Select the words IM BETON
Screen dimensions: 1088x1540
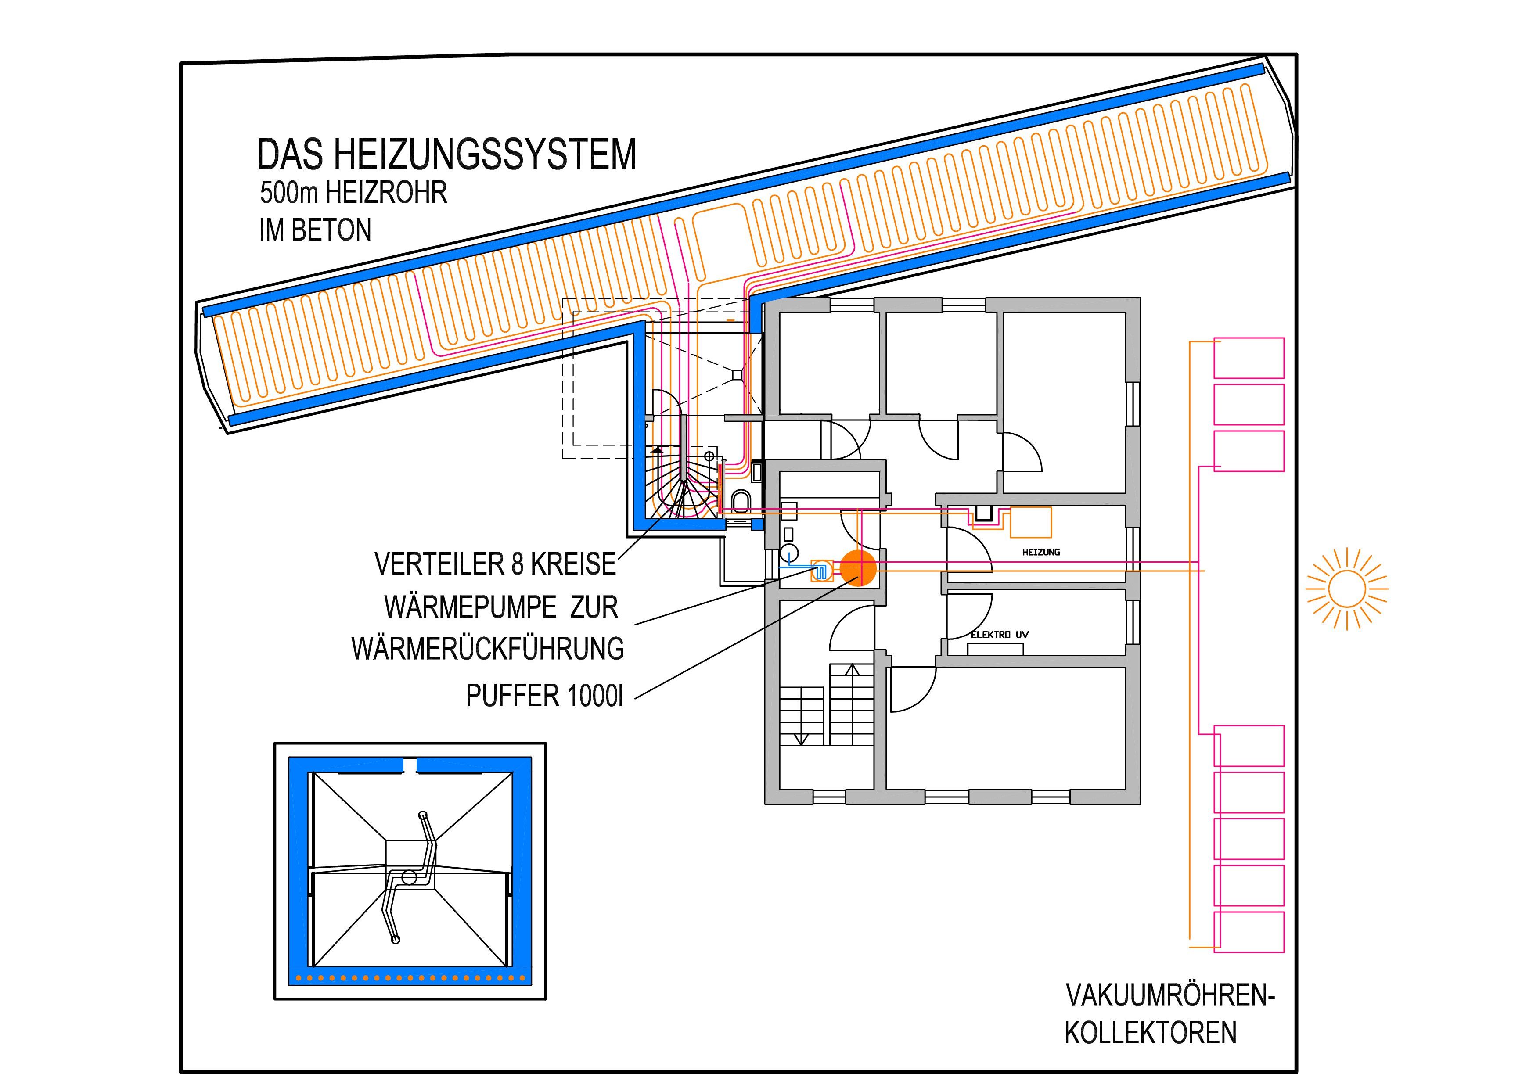(315, 230)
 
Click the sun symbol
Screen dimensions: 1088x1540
(1346, 589)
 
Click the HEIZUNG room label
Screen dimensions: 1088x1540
(1041, 553)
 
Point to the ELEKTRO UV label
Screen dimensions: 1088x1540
(1000, 635)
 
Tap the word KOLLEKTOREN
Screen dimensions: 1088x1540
(1150, 1033)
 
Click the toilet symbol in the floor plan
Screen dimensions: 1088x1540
(741, 502)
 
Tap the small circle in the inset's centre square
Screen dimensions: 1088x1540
(408, 877)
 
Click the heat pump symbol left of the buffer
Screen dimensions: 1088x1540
(821, 570)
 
